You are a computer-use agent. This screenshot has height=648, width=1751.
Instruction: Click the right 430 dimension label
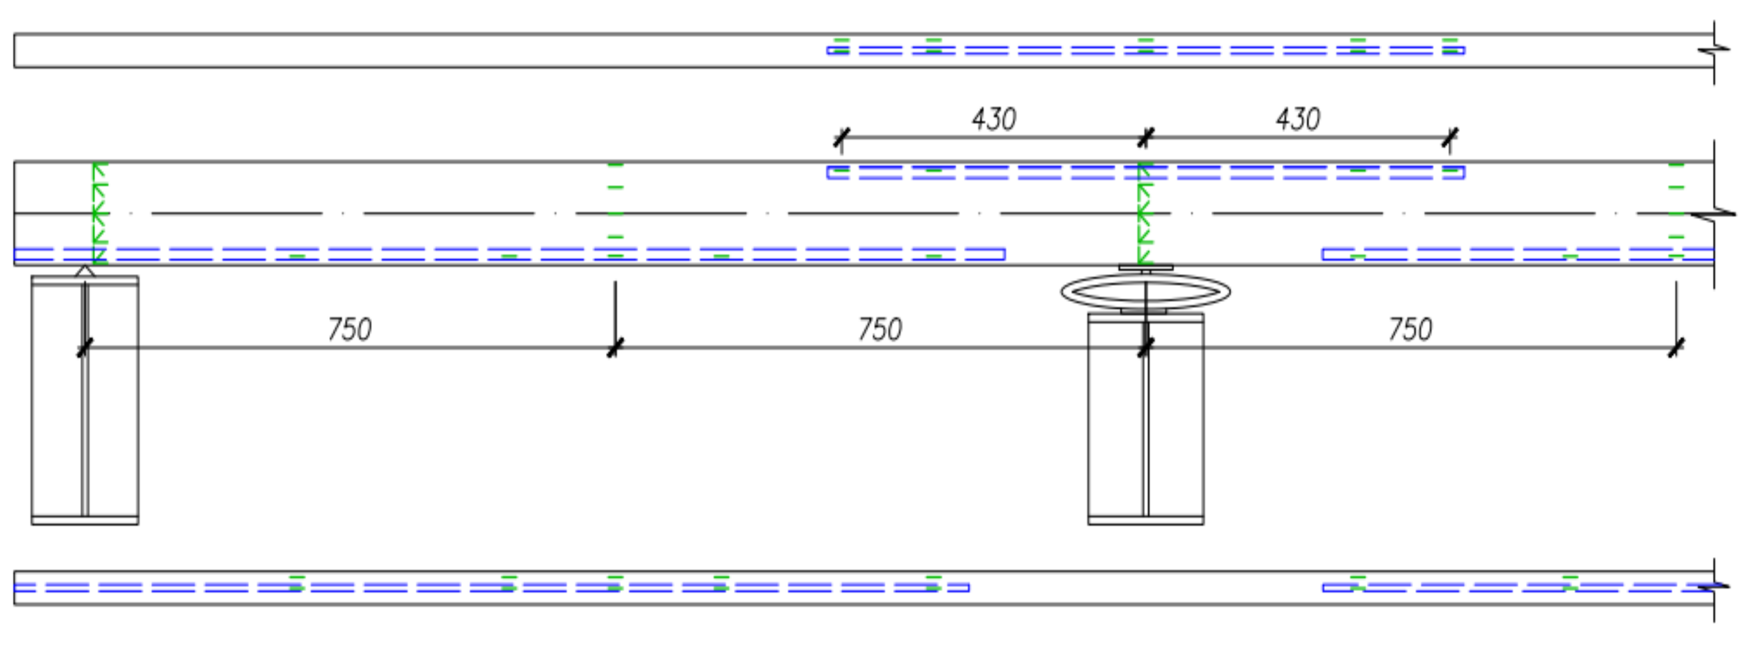click(x=1298, y=119)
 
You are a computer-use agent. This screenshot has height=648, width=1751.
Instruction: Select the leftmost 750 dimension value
click(x=349, y=330)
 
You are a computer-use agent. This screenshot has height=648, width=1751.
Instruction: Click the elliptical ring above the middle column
click(x=1146, y=292)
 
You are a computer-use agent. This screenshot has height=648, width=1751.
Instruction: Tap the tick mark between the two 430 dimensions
click(x=1146, y=137)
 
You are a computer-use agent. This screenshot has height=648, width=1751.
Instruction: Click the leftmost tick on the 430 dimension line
click(x=842, y=137)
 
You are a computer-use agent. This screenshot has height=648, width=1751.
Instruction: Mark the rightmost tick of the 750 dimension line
click(x=1676, y=347)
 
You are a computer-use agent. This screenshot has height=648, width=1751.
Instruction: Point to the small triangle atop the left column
click(x=85, y=271)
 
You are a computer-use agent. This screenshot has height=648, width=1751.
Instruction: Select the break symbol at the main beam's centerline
click(x=1713, y=214)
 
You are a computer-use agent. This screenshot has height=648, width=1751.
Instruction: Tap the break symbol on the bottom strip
click(x=1713, y=586)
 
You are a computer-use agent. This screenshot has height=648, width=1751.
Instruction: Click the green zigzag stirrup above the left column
click(x=99, y=213)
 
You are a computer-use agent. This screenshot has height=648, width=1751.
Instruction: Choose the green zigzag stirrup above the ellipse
click(x=1144, y=213)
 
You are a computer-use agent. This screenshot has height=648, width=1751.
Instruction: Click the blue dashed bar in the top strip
click(x=1146, y=50)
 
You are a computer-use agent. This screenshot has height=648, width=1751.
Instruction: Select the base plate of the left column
click(x=85, y=520)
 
